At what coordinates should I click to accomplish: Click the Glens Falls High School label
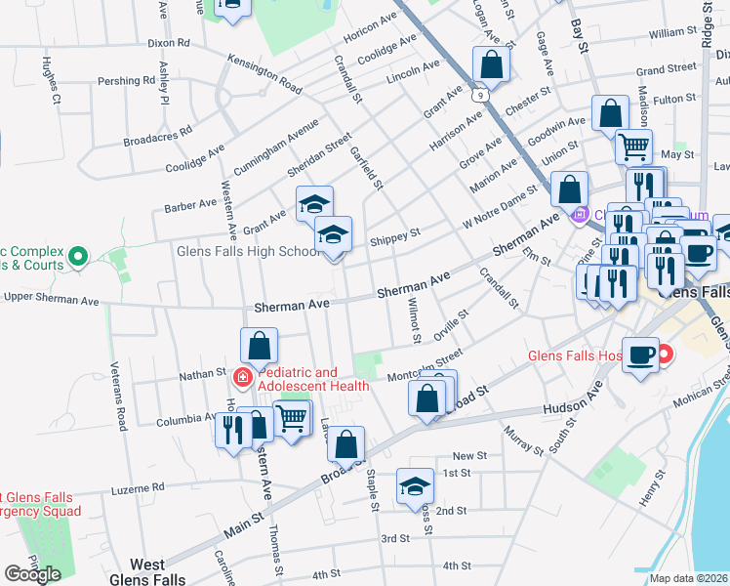(248, 252)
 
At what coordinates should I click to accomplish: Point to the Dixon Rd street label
(169, 43)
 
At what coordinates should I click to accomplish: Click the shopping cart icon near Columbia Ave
(292, 417)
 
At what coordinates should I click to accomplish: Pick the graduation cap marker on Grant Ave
(314, 204)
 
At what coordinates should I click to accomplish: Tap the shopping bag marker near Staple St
(345, 444)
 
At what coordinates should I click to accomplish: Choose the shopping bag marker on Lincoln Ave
(492, 65)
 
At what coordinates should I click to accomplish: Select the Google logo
(33, 573)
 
